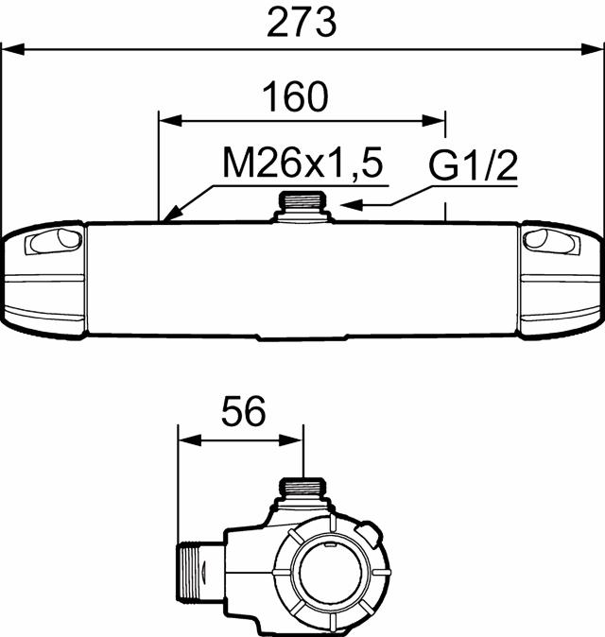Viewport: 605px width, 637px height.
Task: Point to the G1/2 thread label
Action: coord(474,167)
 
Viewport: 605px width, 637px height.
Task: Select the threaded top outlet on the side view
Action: coord(304,490)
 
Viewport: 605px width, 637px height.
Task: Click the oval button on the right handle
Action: coord(551,242)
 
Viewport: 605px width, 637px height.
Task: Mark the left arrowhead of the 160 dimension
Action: coord(166,120)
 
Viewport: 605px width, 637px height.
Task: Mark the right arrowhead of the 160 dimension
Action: coord(437,120)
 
